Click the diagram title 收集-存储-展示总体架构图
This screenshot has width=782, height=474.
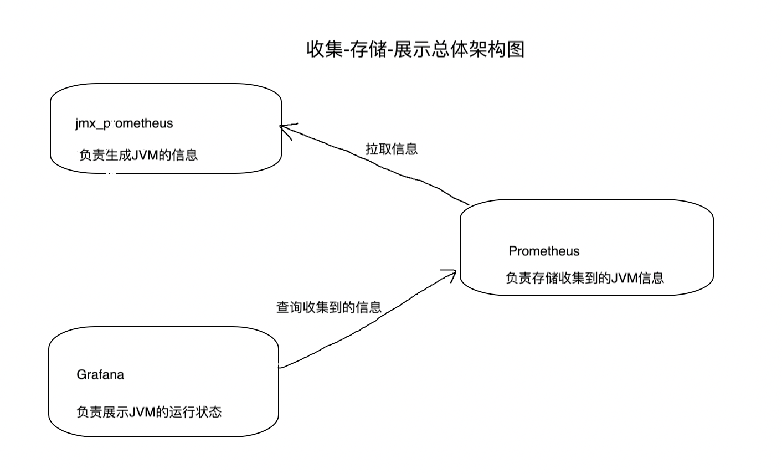coord(415,50)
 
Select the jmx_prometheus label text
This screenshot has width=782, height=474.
coord(124,123)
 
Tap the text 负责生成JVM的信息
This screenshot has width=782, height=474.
coord(138,155)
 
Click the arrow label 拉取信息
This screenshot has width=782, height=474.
coord(392,149)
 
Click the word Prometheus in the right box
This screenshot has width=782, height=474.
coord(544,251)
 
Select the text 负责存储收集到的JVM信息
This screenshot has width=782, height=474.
coord(584,278)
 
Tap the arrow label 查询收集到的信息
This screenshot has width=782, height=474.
coord(329,307)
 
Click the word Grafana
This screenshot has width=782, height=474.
coord(100,375)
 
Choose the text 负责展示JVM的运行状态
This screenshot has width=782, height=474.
coord(149,413)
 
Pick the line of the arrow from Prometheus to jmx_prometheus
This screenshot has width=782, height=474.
coord(382,166)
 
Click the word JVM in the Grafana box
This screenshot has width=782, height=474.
coord(142,413)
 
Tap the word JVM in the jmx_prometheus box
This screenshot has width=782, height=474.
coord(146,155)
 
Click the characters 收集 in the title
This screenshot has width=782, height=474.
coord(324,50)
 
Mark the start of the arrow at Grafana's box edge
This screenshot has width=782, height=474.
coord(279,367)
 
